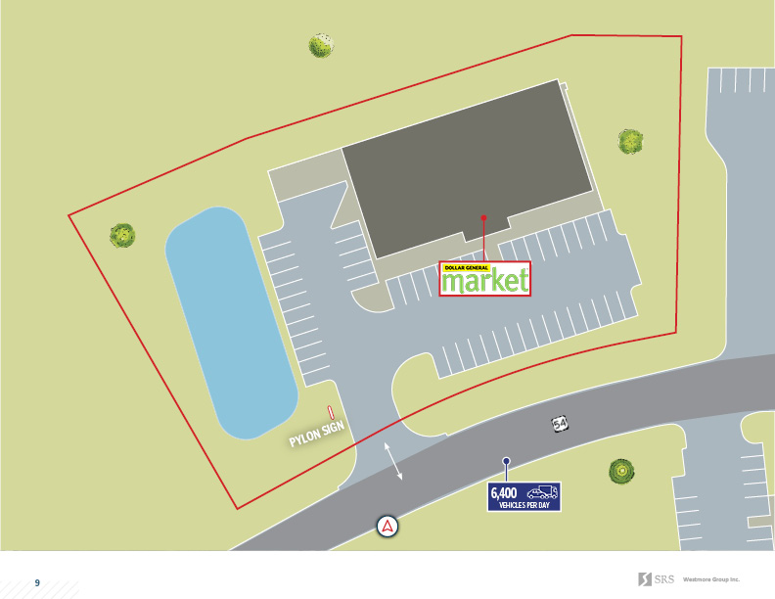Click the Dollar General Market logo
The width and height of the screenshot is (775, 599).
[x=485, y=279]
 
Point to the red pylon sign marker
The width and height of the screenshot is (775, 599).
[x=332, y=415]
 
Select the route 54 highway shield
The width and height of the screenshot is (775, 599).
[x=559, y=424]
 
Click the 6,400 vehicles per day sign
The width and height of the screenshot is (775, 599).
[x=524, y=496]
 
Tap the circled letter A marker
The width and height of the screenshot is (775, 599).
[x=388, y=526]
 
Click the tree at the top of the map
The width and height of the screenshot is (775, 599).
[x=321, y=45]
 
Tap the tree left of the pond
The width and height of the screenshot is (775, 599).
[x=122, y=235]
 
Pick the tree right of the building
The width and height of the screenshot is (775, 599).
[x=630, y=142]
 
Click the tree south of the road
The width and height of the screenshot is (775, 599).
[x=619, y=472]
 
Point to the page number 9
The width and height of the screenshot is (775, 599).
[x=38, y=582]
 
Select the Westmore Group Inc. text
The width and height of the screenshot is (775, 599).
[x=711, y=578]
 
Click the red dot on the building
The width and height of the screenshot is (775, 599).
[x=483, y=217]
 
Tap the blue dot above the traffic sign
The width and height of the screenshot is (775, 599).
[x=506, y=461]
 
